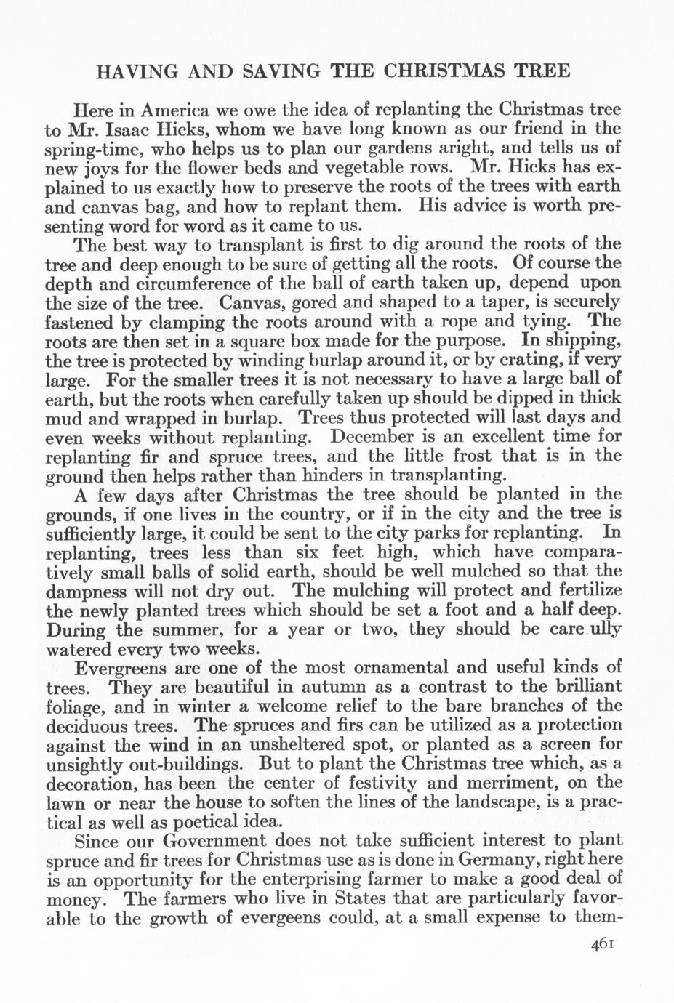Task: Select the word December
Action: point(379,437)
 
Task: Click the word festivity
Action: point(379,783)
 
